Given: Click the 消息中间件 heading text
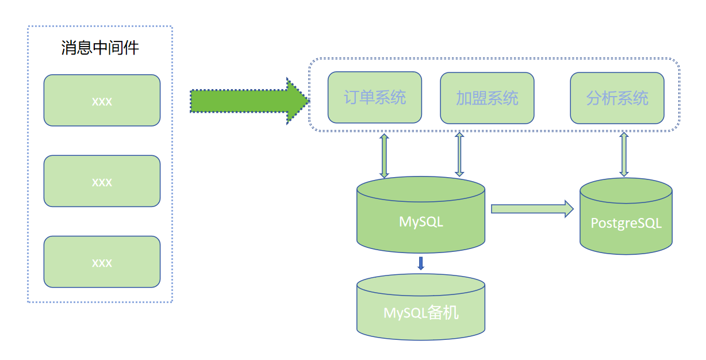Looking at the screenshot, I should click(100, 48).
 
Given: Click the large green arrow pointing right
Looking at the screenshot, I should click(247, 101).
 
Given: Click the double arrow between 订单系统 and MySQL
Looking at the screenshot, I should click(384, 155).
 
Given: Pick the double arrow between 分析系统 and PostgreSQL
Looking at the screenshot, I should click(624, 154).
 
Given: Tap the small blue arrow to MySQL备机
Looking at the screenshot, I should click(421, 263).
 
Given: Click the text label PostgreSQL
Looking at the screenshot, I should click(626, 223).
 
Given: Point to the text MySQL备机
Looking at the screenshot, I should click(421, 313).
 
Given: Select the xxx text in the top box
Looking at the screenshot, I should click(102, 102).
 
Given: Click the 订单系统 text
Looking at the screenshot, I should click(375, 98).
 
